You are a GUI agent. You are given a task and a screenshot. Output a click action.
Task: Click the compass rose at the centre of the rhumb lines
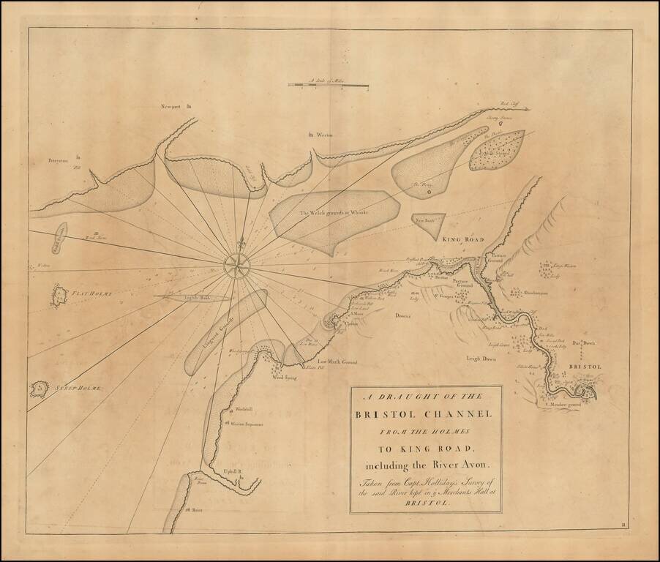click(x=236, y=265)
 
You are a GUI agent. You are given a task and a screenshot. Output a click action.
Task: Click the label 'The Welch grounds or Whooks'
click(x=333, y=212)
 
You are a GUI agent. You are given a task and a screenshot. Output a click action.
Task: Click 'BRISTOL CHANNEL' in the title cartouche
click(x=425, y=413)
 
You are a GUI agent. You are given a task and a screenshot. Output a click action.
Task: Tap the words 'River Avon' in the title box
click(x=447, y=464)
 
